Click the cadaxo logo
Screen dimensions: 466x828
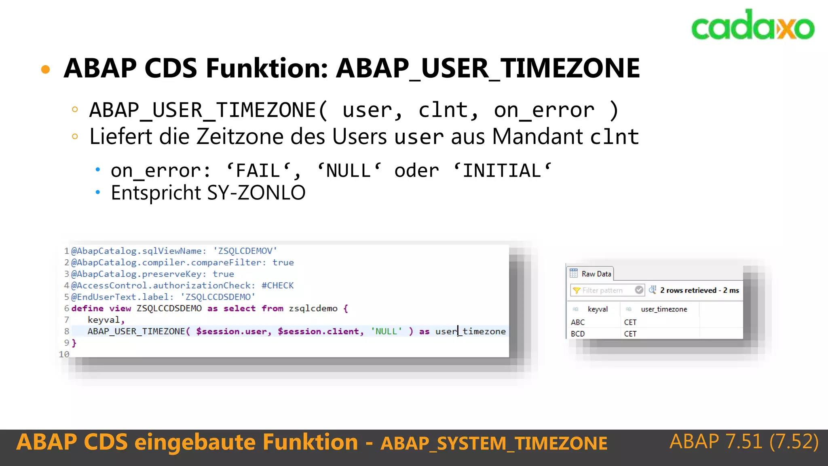pyautogui.click(x=752, y=25)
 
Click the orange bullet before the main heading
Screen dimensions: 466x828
pyautogui.click(x=46, y=69)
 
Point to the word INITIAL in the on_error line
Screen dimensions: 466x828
pyautogui.click(x=502, y=171)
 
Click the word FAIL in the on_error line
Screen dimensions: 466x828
pyautogui.click(x=258, y=171)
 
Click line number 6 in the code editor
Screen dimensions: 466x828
pyautogui.click(x=66, y=308)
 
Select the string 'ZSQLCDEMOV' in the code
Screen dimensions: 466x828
pyautogui.click(x=245, y=251)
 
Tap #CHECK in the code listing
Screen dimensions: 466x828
pyautogui.click(x=277, y=285)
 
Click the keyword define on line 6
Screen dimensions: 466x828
pyautogui.click(x=87, y=308)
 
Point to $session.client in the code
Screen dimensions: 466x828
pyautogui.click(x=318, y=331)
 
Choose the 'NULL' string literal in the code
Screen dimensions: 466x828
pyautogui.click(x=386, y=331)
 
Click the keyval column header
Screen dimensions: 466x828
pyautogui.click(x=598, y=309)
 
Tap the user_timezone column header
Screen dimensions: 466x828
pyautogui.click(x=664, y=309)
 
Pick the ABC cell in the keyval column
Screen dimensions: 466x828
pyautogui.click(x=578, y=322)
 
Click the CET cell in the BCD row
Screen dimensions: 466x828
pyautogui.click(x=630, y=334)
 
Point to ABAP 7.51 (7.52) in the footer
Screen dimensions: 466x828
pyautogui.click(x=744, y=441)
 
